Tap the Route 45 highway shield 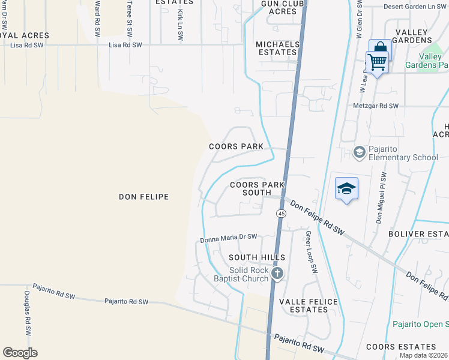tap(281, 214)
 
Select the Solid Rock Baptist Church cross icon tap(277, 274)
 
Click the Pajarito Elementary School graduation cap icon tap(359, 152)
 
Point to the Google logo tap(20, 353)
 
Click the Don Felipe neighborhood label tap(143, 197)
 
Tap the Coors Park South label tap(257, 189)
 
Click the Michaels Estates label tap(277, 49)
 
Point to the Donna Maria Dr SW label tap(228, 239)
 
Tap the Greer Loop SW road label tap(311, 253)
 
